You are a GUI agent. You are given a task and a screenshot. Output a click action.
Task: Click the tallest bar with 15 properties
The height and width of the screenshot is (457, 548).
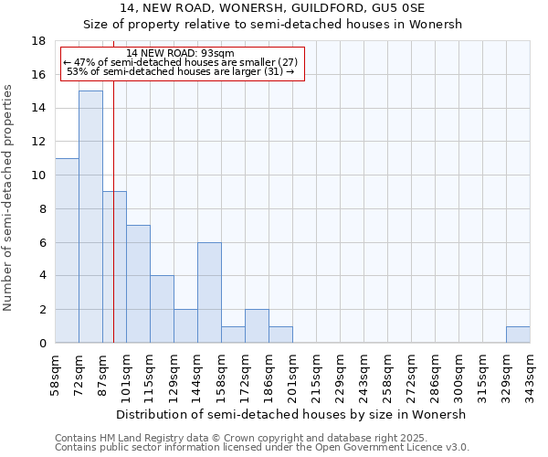pyautogui.click(x=90, y=217)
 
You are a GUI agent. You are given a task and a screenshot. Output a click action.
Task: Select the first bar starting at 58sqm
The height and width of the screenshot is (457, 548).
pyautogui.click(x=67, y=250)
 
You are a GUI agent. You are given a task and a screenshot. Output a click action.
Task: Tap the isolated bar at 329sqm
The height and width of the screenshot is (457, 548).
pyautogui.click(x=518, y=335)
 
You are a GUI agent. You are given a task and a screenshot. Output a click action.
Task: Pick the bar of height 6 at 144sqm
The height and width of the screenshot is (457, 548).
pyautogui.click(x=209, y=292)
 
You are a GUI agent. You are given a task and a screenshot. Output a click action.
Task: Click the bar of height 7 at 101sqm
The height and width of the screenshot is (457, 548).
pyautogui.click(x=138, y=283)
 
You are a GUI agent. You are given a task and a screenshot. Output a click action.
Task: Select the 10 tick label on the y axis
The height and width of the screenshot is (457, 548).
pyautogui.click(x=39, y=175)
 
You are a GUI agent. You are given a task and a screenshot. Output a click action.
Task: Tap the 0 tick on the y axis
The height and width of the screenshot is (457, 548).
pyautogui.click(x=43, y=343)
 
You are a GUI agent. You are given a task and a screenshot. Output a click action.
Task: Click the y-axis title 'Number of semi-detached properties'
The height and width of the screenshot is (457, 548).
pyautogui.click(x=9, y=197)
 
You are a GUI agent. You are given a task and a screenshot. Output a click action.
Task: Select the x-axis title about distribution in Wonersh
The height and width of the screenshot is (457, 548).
pyautogui.click(x=292, y=414)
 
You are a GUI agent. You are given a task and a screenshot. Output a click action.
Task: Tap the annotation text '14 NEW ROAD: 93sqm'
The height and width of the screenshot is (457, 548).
pyautogui.click(x=181, y=53)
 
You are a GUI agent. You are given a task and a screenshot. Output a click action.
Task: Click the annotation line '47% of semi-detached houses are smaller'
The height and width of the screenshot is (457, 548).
pyautogui.click(x=181, y=62)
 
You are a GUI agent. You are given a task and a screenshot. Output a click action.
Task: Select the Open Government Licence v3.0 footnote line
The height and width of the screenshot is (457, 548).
pyautogui.click(x=262, y=448)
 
